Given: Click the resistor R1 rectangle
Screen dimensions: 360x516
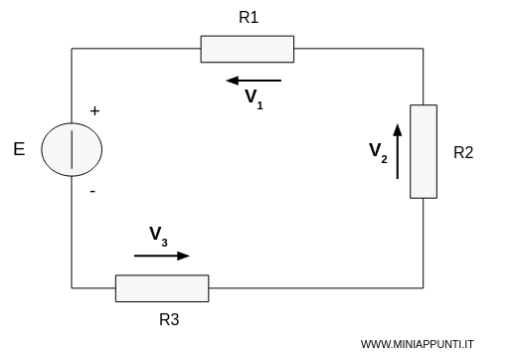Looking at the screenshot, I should coord(247,49).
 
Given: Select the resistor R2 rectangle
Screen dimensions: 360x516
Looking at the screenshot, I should coord(424,150).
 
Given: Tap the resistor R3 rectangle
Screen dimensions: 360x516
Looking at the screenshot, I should coord(161,288).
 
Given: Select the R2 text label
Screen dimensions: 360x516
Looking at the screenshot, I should coord(462,153).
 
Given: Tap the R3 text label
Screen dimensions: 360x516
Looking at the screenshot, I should coord(170,321).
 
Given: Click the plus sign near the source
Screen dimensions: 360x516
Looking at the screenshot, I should coord(95,111).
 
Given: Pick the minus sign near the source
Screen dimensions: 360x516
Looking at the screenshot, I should coord(92,194).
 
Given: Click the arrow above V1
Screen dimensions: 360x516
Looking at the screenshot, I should coord(254,81).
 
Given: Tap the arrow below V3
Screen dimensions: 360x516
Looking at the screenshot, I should coord(161,256).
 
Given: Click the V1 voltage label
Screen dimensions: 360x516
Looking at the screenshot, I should coord(255,97).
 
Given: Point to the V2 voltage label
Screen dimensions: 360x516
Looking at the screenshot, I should coord(378,151).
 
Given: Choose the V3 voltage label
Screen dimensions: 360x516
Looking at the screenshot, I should coord(159,236).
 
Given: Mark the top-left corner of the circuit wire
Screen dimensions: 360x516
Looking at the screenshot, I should coord(72,49).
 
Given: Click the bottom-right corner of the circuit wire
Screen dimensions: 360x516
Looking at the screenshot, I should coord(424,288).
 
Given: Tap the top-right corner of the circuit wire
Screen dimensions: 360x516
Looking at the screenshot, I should coord(424,49).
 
